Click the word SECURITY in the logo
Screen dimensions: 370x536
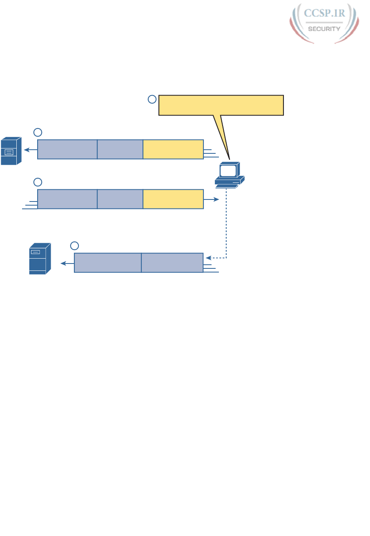pyautogui.click(x=324, y=29)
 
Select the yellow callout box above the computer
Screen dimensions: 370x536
pyautogui.click(x=221, y=105)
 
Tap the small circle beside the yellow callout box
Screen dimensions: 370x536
pyautogui.click(x=152, y=99)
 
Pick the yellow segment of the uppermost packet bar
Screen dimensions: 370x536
pyautogui.click(x=173, y=149)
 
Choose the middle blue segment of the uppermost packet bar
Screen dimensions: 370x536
pyautogui.click(x=120, y=149)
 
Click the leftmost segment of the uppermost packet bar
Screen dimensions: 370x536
pyautogui.click(x=67, y=149)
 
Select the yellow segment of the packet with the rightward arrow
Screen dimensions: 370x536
pyautogui.click(x=173, y=199)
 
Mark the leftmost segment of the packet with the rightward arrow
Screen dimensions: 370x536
pyautogui.click(x=67, y=199)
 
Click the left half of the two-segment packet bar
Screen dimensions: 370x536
pyautogui.click(x=108, y=263)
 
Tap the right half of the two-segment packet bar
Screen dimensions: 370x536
pyautogui.click(x=172, y=263)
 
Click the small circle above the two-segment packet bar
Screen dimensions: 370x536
pyautogui.click(x=74, y=246)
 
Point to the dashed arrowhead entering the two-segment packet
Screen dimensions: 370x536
pyautogui.click(x=208, y=258)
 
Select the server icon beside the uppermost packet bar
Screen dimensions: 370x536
pyautogui.click(x=11, y=151)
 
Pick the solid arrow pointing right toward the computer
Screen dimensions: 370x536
pyautogui.click(x=212, y=199)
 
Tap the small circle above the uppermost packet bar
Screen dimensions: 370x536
pyautogui.click(x=38, y=132)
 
